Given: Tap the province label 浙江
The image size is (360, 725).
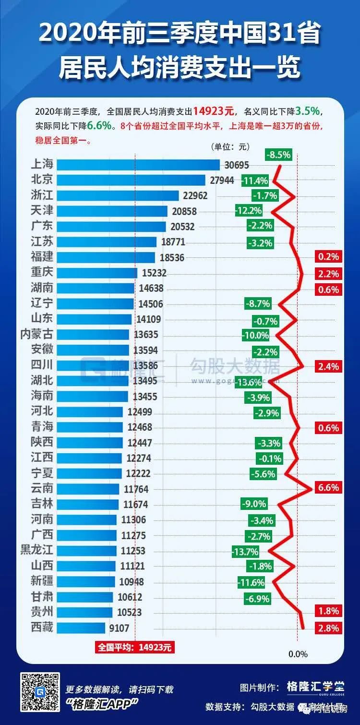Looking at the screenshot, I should point(41,195).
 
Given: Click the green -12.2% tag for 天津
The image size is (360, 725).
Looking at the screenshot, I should point(249,210).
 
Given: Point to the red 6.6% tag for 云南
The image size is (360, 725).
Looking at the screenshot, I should point(328,488).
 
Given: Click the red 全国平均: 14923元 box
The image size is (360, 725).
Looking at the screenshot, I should point(135,647).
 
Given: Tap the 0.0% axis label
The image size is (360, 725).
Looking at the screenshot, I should point(298,654).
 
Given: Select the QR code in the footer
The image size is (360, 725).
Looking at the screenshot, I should point(40,692).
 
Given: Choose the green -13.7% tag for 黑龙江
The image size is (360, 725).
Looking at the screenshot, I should point(245,552).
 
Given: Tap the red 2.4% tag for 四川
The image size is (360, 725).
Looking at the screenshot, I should point(328,366).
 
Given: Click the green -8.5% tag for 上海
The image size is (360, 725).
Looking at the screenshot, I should point(279,155).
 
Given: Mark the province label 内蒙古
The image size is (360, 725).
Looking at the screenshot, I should point(36,334).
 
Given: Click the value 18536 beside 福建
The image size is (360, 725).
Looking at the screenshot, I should point(172,258).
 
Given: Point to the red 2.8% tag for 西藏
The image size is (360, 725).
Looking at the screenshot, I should point(328,628).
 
